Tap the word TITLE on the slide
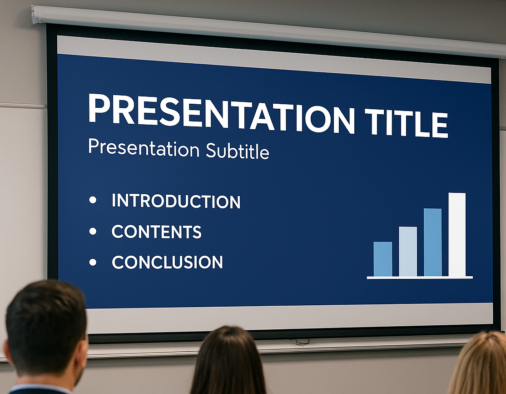[406, 123]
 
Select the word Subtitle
[237, 151]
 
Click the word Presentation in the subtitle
[144, 148]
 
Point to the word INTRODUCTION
[176, 201]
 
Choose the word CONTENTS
[157, 232]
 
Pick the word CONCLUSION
[167, 262]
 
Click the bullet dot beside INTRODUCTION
[93, 200]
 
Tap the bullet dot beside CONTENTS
[93, 231]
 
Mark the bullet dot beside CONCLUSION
[93, 262]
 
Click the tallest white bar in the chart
[457, 235]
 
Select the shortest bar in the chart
[383, 259]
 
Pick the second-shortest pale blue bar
[408, 252]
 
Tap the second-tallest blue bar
[432, 242]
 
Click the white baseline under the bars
[420, 278]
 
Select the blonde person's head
[479, 363]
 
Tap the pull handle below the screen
[302, 341]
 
